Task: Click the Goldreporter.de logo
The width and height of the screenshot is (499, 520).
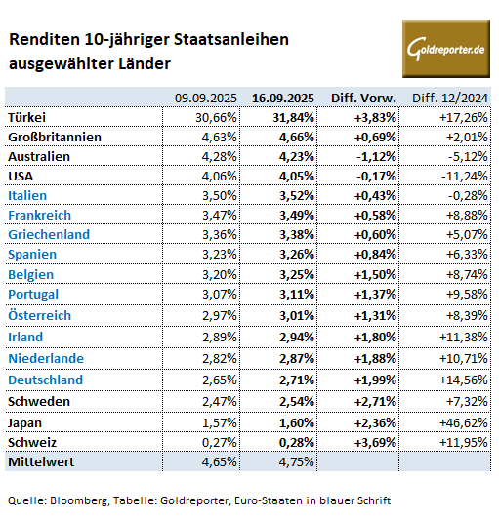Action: pos(446,49)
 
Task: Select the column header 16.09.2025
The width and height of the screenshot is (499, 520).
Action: pos(283,99)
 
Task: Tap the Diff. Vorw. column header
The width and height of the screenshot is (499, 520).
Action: pos(363,99)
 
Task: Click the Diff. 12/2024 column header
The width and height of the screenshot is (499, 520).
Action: pos(450,99)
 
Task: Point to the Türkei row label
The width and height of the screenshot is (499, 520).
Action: pos(26,117)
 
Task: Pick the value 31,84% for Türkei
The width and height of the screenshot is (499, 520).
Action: pos(293,117)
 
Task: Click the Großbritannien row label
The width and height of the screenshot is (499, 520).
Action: pos(55,137)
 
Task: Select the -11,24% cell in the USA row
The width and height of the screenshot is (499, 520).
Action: pos(465,176)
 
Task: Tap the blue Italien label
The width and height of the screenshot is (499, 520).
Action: pos(27,196)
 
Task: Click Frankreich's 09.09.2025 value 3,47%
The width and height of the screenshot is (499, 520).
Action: pos(220,216)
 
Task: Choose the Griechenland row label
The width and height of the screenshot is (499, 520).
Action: pos(49,234)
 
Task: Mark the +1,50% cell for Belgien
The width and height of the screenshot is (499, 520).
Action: pos(375,274)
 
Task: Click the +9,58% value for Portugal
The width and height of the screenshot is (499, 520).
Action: pos(467,295)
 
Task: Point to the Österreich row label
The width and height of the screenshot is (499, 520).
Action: pos(39,315)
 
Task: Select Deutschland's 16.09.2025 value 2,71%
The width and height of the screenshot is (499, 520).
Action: pos(297,380)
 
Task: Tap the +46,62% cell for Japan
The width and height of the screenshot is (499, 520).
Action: pos(464,423)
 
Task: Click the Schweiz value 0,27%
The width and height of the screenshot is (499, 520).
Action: pos(220,442)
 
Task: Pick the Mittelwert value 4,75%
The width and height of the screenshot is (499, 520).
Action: pos(297,462)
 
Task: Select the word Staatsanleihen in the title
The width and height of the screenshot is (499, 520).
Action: pos(231,39)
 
